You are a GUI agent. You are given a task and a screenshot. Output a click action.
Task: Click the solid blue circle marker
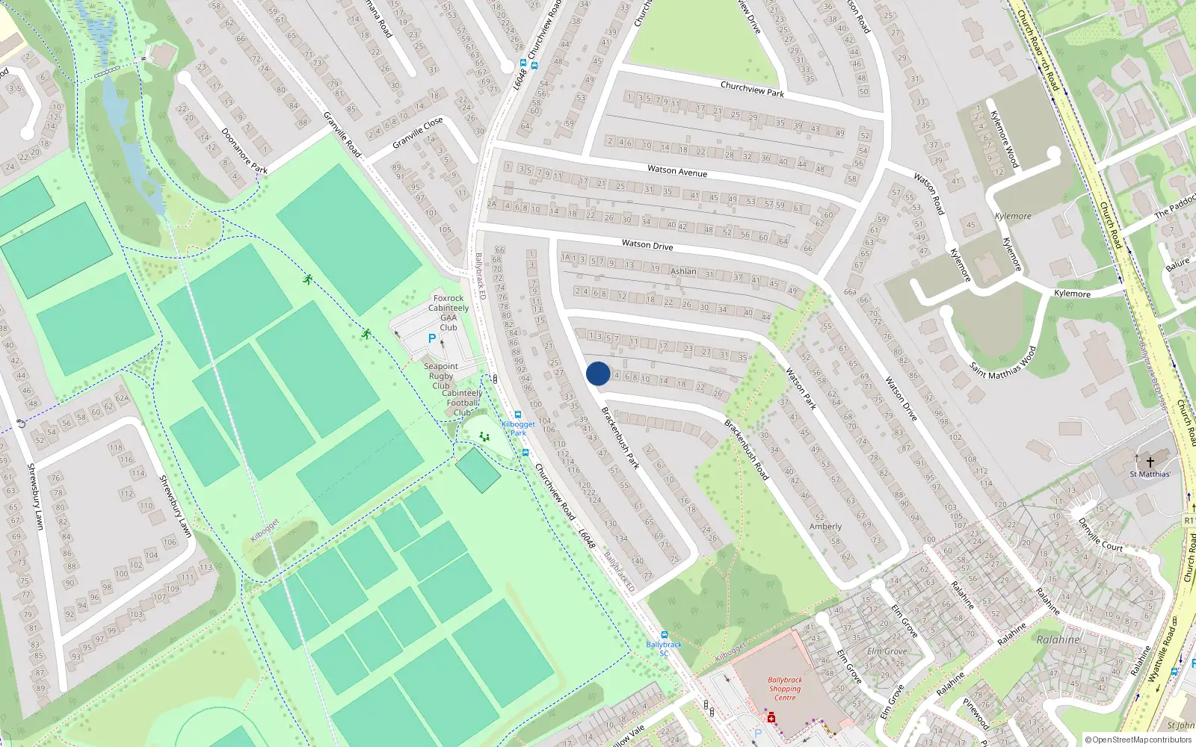point(598,373)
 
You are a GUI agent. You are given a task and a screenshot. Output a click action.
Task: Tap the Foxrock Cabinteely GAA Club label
point(449,312)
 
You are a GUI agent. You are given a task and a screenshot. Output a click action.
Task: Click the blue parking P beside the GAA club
point(431,338)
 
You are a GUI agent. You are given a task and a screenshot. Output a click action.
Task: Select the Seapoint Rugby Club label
point(441,376)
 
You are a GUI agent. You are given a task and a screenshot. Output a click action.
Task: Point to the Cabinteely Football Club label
point(462,403)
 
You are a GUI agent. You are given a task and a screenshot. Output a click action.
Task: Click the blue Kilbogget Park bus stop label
point(518,428)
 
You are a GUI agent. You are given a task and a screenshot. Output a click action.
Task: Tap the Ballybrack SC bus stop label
point(664,648)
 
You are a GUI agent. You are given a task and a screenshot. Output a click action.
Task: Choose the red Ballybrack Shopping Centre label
point(785,689)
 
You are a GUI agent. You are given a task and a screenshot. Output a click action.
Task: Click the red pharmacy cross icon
point(771,718)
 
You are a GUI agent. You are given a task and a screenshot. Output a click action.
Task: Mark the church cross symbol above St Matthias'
point(1150,461)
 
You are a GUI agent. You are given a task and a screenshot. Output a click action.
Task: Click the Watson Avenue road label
point(677,171)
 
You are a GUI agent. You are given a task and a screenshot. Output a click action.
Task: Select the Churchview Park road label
point(752,89)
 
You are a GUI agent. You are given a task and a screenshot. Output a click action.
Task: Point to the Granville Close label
point(418,132)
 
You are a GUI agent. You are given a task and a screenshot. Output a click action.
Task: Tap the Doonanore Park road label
point(244,151)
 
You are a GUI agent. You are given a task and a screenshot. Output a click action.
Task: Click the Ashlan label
point(683,271)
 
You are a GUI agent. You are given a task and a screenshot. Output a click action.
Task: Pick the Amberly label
point(825,527)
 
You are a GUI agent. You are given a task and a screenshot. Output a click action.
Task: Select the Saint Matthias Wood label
point(1002,362)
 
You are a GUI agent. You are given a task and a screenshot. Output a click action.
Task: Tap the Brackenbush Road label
point(746,449)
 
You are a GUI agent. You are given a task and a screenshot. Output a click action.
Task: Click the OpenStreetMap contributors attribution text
point(1138,740)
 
